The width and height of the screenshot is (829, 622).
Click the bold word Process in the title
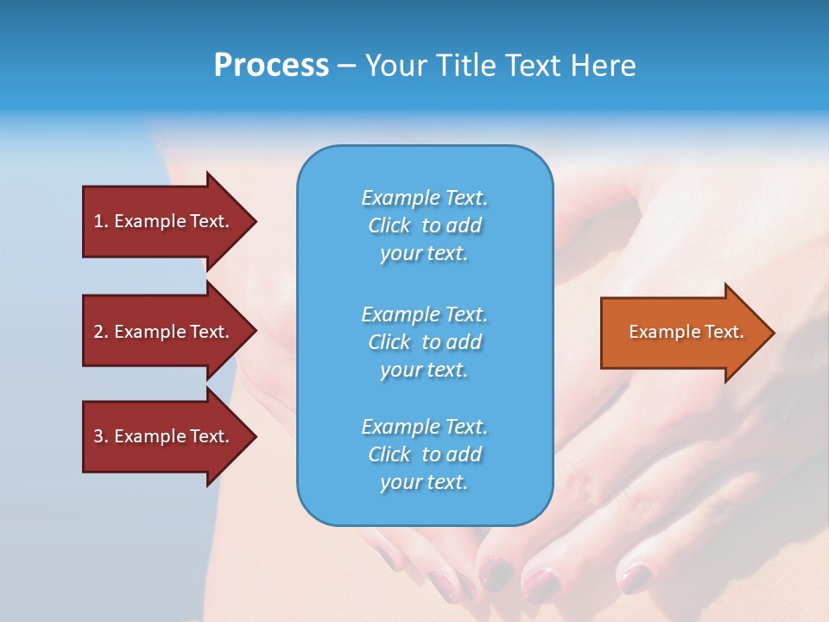click(x=271, y=66)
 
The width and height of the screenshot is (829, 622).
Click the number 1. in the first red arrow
click(x=101, y=221)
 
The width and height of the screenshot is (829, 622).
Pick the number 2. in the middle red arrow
click(x=101, y=332)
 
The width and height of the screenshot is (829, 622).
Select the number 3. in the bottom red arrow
click(x=101, y=436)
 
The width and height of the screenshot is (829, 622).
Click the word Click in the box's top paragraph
click(x=389, y=225)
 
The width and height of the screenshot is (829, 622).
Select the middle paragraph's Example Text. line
click(x=424, y=314)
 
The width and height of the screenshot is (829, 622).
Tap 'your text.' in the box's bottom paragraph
click(x=424, y=482)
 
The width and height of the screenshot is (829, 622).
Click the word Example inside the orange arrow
click(x=661, y=332)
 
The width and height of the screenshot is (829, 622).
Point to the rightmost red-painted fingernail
click(x=635, y=576)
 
